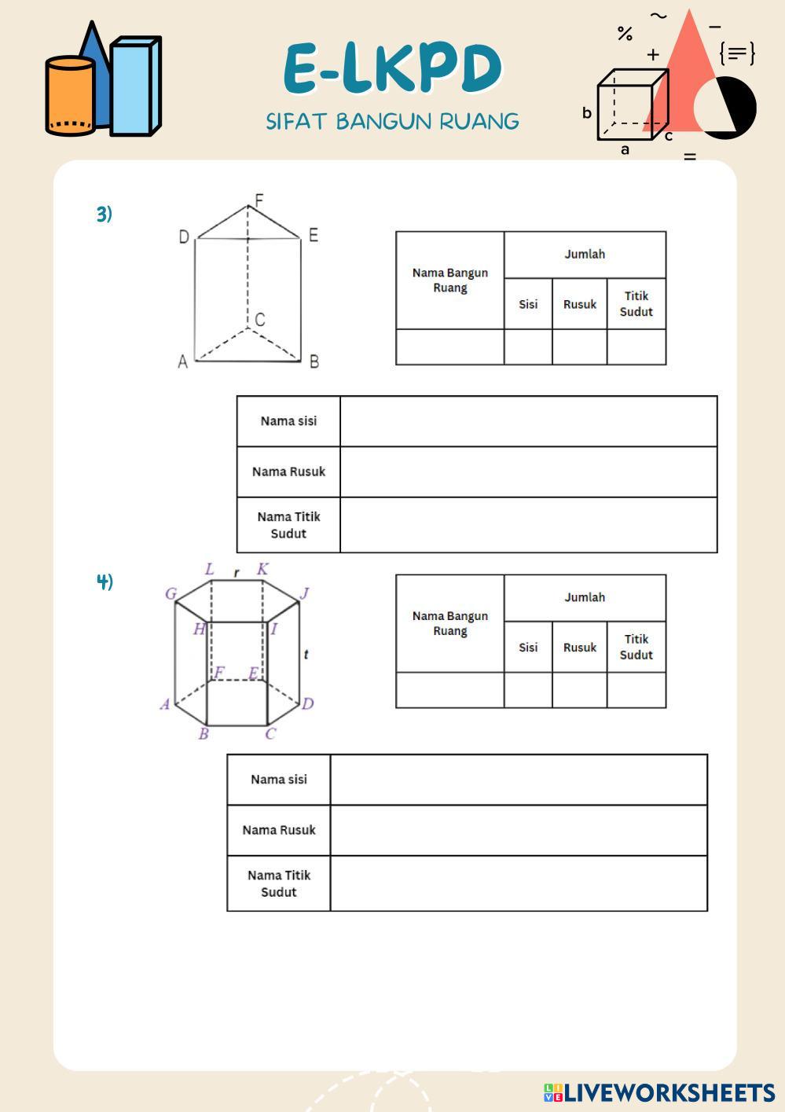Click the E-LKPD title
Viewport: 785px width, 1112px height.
click(x=392, y=69)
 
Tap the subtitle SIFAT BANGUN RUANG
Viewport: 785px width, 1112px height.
click(x=392, y=122)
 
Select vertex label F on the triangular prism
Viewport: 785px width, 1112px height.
click(x=259, y=200)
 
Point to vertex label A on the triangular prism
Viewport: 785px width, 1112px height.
click(x=183, y=362)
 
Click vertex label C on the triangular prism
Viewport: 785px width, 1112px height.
click(x=260, y=320)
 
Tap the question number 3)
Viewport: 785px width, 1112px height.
click(x=105, y=214)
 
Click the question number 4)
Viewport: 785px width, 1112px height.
click(x=105, y=582)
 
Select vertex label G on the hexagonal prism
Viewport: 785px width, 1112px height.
click(x=171, y=593)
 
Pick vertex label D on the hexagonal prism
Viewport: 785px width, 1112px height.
click(x=307, y=703)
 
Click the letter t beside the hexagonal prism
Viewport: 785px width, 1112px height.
click(x=306, y=654)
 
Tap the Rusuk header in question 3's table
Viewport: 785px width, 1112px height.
click(x=579, y=304)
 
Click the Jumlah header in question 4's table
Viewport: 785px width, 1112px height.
click(x=585, y=597)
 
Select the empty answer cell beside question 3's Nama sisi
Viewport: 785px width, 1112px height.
click(x=528, y=421)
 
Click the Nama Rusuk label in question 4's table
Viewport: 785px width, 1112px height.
click(x=279, y=830)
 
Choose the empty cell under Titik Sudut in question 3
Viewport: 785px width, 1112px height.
click(x=636, y=347)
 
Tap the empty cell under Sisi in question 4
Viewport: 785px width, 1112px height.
click(x=528, y=690)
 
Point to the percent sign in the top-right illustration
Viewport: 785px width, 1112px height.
click(x=625, y=34)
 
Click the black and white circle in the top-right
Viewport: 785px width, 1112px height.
click(x=728, y=108)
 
